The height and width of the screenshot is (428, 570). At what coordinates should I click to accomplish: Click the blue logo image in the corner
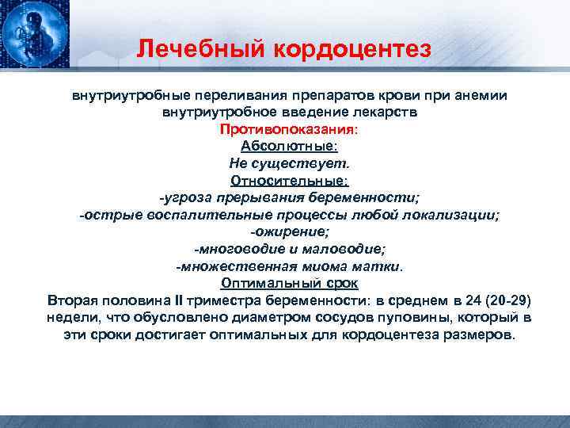[x=34, y=36]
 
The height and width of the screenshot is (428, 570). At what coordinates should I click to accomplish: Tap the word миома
[x=323, y=266]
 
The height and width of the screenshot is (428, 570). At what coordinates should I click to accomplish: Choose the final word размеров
[x=480, y=335]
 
